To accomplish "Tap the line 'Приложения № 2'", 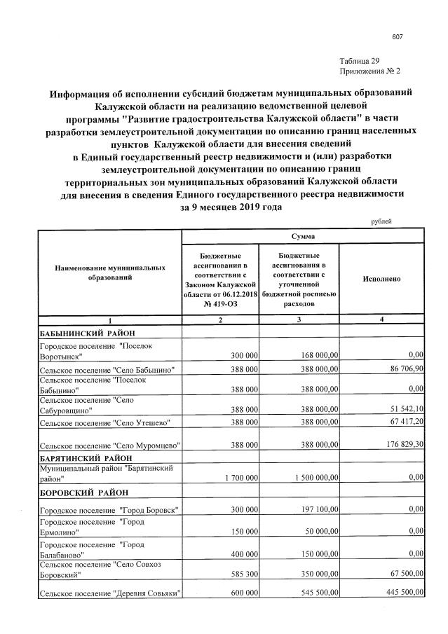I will click(369, 71).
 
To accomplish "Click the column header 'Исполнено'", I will click(381, 279).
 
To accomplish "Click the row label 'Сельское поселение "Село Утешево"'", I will click(104, 423).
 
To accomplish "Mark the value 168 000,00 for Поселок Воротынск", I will click(315, 355).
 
